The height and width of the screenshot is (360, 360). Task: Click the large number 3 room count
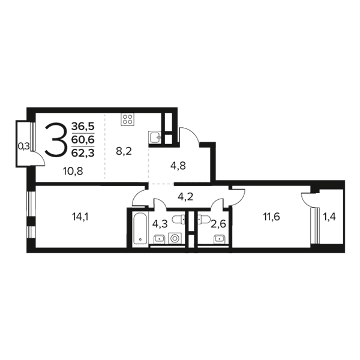[56, 140]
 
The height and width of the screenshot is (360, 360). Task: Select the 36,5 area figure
[83, 126]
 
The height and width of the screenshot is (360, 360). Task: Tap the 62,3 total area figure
[83, 153]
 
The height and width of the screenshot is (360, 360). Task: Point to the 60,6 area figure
[83, 140]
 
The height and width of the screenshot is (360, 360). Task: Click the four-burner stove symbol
[127, 119]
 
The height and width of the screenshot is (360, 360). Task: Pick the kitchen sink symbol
[155, 137]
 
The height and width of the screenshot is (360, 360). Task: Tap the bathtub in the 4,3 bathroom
[140, 228]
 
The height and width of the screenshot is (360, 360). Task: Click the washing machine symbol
[175, 238]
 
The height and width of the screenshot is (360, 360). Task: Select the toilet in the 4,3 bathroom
[179, 220]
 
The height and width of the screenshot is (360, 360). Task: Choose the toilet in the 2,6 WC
[203, 220]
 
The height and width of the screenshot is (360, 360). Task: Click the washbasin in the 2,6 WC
[220, 239]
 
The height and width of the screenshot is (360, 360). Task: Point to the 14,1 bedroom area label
[80, 217]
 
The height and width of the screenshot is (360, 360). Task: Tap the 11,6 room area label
[271, 217]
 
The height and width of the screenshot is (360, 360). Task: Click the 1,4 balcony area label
[329, 217]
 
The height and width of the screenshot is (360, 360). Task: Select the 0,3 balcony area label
[24, 146]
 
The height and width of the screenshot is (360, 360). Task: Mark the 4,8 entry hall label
[178, 166]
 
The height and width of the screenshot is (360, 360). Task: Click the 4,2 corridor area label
[185, 197]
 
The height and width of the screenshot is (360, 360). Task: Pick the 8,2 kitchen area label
[124, 151]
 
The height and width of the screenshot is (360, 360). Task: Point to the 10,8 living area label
[73, 171]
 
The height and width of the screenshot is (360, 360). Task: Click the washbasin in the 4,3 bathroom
[159, 239]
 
